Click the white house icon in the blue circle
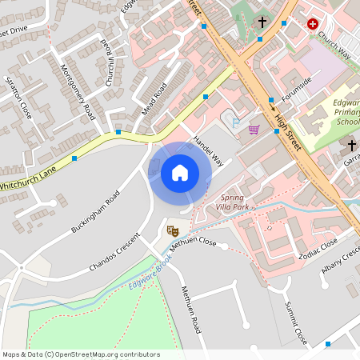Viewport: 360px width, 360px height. tap(179, 172)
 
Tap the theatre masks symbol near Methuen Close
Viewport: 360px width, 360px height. tap(170, 231)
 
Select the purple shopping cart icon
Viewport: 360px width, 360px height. tap(254, 130)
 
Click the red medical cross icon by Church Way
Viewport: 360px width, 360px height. tap(312, 24)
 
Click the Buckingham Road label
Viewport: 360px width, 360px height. tap(95, 212)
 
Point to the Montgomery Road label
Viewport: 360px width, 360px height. tap(78, 92)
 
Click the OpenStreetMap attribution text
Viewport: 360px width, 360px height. tap(81, 354)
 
